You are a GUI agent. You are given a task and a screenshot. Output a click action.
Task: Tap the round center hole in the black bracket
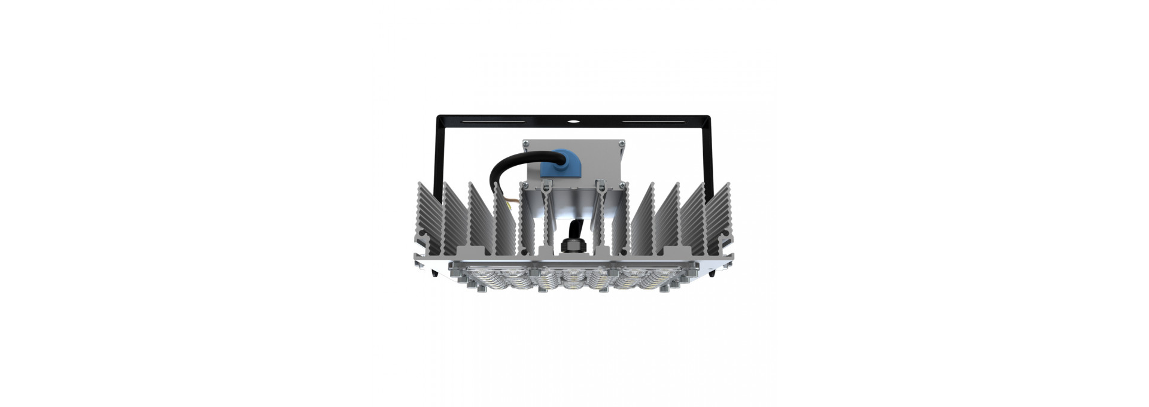[x=573, y=122]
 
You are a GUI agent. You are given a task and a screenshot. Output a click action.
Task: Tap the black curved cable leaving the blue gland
[x=509, y=165]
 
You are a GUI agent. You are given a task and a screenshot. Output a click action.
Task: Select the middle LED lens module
[x=573, y=278]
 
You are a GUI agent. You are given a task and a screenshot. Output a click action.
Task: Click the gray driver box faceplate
[x=592, y=157]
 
